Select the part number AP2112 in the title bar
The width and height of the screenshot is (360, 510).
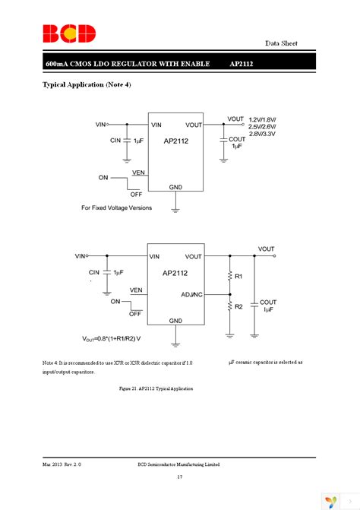(241, 65)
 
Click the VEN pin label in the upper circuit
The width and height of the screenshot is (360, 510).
(138, 173)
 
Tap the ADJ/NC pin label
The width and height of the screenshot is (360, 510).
(191, 293)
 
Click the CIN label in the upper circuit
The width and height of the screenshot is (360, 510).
(115, 141)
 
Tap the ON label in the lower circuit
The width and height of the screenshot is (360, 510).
(115, 301)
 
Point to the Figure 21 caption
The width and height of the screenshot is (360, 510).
(156, 388)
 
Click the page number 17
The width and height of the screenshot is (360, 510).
(179, 477)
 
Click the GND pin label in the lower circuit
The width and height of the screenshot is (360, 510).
(175, 320)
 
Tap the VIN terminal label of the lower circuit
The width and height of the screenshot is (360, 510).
(81, 256)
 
